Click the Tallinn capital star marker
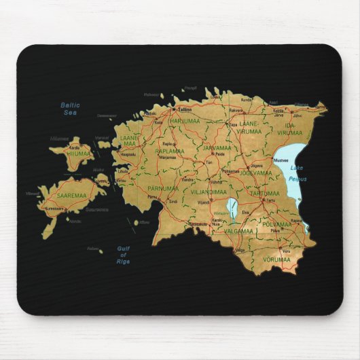point(176,109)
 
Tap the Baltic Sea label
point(69,108)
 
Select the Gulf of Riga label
point(123,255)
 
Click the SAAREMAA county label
point(71,194)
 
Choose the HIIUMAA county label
point(78,153)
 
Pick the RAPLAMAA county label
point(169,151)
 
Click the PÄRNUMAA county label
point(163,188)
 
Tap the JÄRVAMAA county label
point(217,147)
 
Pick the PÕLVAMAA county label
point(277,223)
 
